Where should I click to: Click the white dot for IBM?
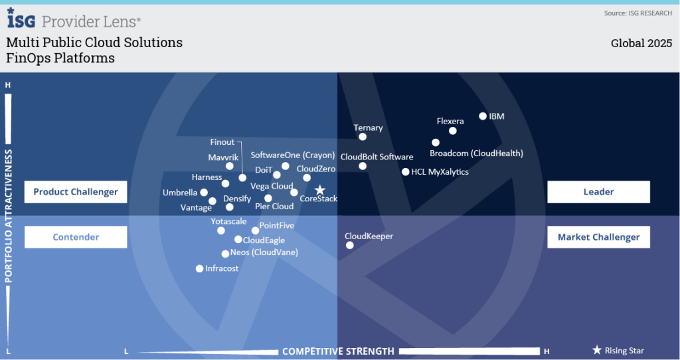[483, 116]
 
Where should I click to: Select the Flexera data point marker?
[453, 131]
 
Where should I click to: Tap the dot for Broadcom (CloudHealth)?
[436, 143]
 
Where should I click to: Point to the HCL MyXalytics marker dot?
[406, 172]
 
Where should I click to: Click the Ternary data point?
[363, 137]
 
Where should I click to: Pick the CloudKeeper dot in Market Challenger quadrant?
[350, 246]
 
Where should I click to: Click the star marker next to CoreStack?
[319, 190]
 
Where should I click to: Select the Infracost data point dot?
[199, 269]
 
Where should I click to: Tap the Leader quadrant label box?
[598, 192]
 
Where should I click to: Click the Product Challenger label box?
[76, 192]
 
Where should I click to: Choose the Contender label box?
[76, 237]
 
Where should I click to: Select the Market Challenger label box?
[598, 237]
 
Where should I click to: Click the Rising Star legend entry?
[618, 351]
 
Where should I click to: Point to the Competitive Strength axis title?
[338, 351]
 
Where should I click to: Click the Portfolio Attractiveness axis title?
[9, 217]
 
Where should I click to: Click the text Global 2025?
[641, 44]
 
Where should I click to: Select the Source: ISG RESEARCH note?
[637, 13]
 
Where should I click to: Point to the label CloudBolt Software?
[377, 157]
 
